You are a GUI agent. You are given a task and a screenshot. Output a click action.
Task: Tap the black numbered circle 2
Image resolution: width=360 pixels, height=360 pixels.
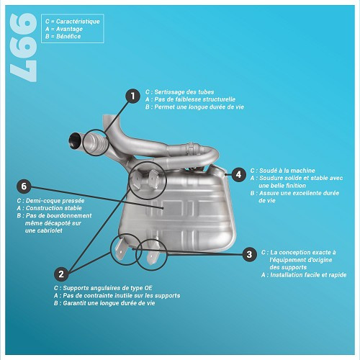62,274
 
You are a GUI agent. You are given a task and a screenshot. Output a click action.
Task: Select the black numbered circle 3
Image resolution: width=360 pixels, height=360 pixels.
249,253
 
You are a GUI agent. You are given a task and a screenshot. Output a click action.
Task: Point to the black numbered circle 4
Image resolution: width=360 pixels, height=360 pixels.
238,174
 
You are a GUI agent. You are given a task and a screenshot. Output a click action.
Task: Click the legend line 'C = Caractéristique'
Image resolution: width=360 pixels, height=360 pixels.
72,22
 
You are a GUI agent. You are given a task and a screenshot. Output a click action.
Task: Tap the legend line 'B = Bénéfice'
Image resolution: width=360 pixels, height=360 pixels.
63,36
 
